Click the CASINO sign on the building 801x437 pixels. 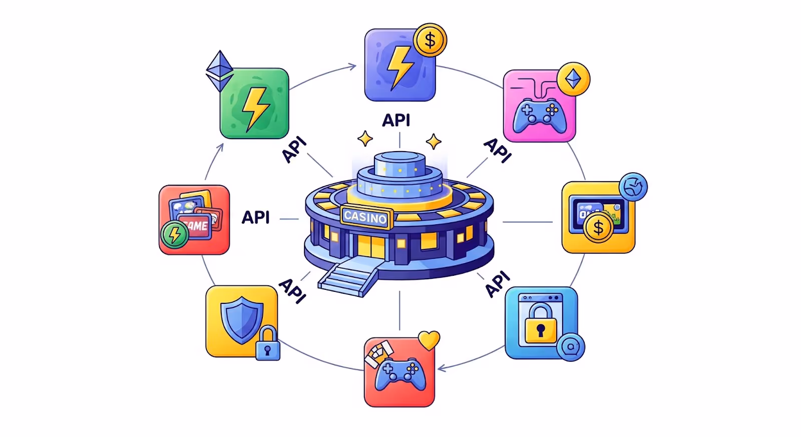pyautogui.click(x=365, y=217)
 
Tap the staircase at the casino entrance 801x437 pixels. pyautogui.click(x=348, y=278)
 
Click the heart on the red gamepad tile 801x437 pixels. pyautogui.click(x=429, y=341)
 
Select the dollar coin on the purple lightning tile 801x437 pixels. pyautogui.click(x=430, y=40)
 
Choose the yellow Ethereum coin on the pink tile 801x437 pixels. pyautogui.click(x=573, y=79)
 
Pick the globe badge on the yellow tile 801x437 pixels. pyautogui.click(x=633, y=187)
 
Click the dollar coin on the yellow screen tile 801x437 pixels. pyautogui.click(x=598, y=228)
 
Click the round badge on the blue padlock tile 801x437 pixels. pyautogui.click(x=570, y=347)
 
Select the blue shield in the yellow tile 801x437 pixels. pyautogui.click(x=242, y=319)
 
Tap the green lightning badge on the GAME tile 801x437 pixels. pyautogui.click(x=174, y=234)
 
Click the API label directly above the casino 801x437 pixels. pyautogui.click(x=396, y=120)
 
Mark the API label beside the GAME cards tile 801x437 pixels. pyautogui.click(x=256, y=217)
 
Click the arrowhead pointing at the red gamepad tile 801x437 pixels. pyautogui.click(x=441, y=369)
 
